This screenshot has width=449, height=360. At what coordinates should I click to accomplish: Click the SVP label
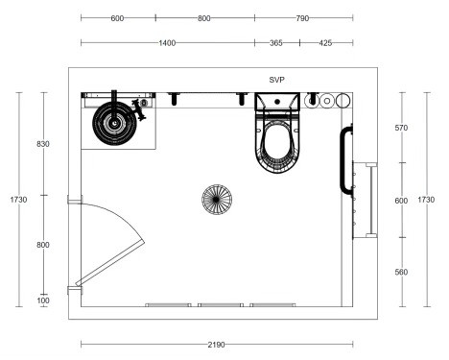coord(276,80)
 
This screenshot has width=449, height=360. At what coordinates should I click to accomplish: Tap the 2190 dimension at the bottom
coord(217,345)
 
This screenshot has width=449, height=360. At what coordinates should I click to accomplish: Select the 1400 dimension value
coord(167,43)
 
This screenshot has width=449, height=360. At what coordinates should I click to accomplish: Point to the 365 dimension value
coord(276,43)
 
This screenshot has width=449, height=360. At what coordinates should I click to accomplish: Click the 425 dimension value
coord(325,43)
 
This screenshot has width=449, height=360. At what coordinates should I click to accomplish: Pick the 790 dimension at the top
coord(302,18)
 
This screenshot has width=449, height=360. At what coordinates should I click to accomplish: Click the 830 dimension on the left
coord(43,144)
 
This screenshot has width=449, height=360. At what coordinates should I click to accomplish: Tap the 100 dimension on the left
coord(43,300)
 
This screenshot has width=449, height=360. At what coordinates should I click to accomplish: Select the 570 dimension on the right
coord(401,128)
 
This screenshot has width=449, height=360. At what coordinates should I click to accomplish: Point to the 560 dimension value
coord(401,272)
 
